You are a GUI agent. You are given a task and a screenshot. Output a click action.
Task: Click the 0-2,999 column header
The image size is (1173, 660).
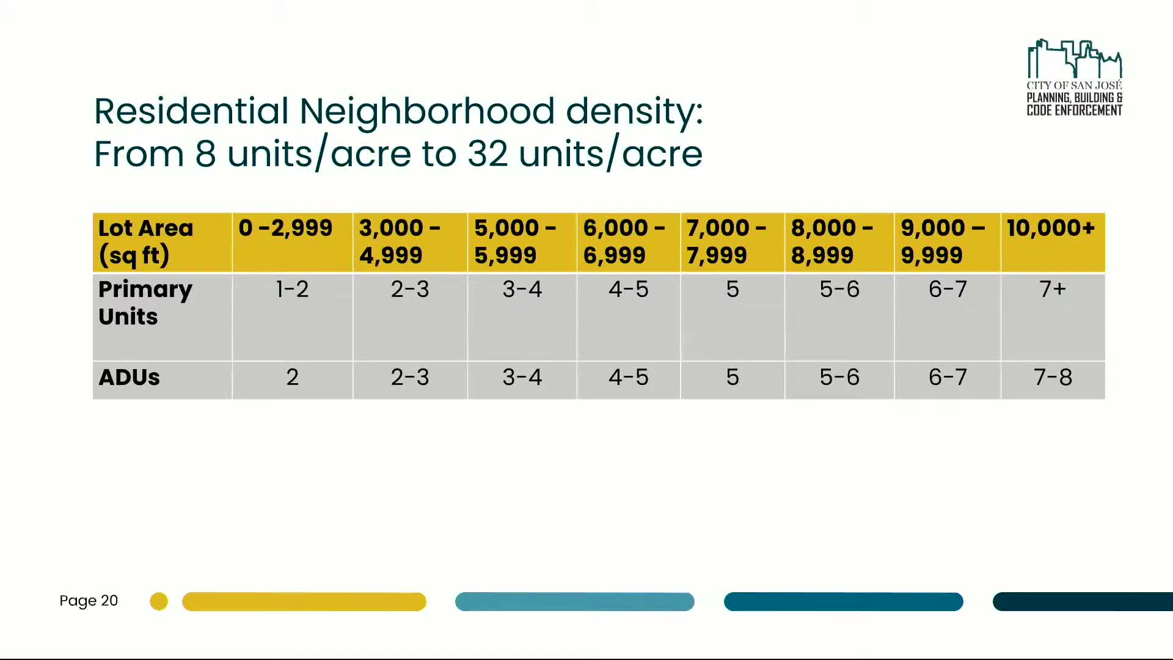click(286, 229)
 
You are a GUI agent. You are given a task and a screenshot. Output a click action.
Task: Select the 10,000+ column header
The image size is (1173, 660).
click(1051, 229)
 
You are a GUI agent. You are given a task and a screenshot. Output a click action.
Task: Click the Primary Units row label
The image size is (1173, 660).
click(145, 303)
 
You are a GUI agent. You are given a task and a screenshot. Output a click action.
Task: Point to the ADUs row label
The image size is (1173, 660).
click(130, 378)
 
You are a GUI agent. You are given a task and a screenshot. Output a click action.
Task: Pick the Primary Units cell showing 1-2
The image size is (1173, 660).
click(292, 289)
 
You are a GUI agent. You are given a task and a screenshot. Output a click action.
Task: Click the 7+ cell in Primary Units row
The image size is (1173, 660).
click(1053, 289)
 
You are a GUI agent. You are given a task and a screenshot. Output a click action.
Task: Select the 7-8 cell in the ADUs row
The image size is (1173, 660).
click(1053, 378)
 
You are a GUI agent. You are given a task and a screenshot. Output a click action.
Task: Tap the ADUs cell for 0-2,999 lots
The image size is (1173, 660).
click(292, 378)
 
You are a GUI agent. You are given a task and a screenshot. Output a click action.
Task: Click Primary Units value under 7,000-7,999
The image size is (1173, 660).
click(732, 289)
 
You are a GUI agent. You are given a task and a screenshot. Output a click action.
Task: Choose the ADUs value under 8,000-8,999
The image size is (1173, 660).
click(839, 378)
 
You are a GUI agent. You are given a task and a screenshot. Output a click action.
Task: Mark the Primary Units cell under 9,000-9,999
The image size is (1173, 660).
click(948, 289)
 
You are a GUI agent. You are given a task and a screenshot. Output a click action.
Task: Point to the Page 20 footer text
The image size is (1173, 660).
click(89, 601)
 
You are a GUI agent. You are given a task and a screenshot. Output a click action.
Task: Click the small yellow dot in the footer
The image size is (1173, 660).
click(159, 601)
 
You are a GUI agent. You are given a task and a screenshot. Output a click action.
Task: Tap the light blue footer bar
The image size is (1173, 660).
click(574, 601)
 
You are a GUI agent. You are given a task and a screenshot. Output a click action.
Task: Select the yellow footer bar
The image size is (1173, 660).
click(304, 601)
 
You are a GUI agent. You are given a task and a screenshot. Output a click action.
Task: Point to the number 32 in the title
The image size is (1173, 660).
click(487, 154)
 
